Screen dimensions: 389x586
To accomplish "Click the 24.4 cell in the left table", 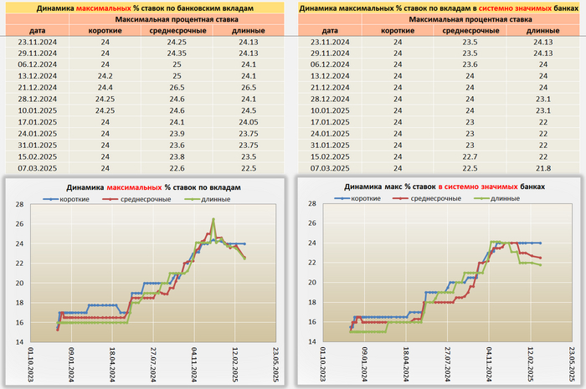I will click(x=105, y=87).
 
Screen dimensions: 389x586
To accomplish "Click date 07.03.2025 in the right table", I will click(x=329, y=167).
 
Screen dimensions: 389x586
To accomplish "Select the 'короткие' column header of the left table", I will click(x=105, y=30).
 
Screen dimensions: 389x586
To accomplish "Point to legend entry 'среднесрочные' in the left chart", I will click(x=145, y=199).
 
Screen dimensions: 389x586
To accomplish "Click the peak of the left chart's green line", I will click(x=213, y=219).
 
